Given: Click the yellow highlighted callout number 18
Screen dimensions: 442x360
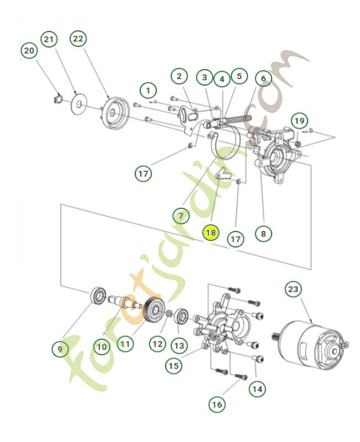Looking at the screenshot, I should pos(210,233).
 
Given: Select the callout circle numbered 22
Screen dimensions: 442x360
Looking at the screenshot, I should pos(78,39).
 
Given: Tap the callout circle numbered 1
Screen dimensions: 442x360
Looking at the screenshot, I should pos(147,90).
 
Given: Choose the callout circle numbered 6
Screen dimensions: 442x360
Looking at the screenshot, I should pos(263,78).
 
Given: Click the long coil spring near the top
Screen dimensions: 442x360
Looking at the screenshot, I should pos(236,122).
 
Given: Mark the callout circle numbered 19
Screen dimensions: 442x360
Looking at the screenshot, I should pos(299,120).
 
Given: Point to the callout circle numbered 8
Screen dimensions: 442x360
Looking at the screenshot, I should pos(263,233).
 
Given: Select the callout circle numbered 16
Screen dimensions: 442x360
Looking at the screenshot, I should pos(217,404).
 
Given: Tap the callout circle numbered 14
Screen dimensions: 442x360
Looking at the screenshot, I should pos(256,388).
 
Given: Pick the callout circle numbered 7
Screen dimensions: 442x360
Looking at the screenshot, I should pos(180,214).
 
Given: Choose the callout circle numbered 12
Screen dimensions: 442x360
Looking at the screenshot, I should pos(157,344).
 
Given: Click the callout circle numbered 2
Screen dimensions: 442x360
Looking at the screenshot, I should pos(178,77).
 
